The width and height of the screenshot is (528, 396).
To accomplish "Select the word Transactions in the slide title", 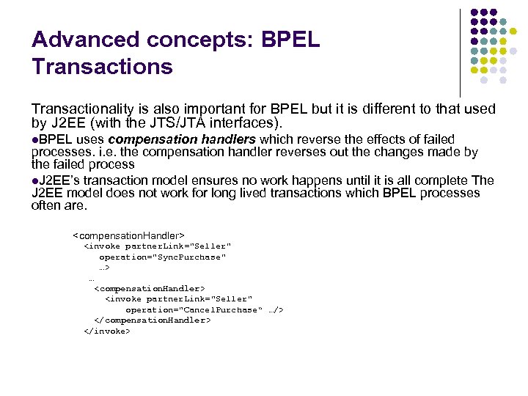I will click(102, 67).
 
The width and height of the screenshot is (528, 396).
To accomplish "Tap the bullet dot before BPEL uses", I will click(35, 139).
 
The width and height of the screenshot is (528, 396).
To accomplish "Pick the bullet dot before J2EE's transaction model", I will click(35, 180).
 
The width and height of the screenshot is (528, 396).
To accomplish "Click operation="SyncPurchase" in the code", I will click(162, 257).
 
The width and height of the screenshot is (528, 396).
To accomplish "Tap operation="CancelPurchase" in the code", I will click(192, 310).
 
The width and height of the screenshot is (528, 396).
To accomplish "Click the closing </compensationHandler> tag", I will click(152, 320).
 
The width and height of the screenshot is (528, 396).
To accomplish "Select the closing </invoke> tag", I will click(107, 331).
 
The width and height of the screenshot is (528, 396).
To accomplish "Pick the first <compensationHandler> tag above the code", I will click(128, 235).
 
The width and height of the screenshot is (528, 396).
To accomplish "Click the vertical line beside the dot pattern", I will click(460, 51).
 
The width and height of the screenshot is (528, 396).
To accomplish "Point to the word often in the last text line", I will click(45, 206).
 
